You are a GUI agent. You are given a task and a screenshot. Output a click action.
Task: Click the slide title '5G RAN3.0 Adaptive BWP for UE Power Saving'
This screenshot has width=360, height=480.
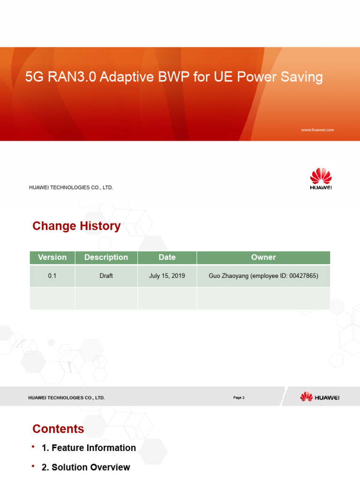point(173,76)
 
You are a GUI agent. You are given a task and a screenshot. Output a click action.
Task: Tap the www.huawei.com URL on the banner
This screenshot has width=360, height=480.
point(317,130)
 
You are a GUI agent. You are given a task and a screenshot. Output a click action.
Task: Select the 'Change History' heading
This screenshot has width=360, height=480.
point(76,226)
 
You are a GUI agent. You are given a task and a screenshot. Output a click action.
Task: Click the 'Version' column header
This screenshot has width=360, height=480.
point(52,257)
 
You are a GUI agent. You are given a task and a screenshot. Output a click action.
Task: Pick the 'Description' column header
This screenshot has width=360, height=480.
point(106,257)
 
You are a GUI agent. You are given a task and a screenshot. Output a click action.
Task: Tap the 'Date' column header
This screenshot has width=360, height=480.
point(167,257)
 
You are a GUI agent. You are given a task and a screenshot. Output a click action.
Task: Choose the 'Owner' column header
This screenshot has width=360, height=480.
point(263,257)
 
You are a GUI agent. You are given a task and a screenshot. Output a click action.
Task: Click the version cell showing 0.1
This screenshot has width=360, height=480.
point(52,276)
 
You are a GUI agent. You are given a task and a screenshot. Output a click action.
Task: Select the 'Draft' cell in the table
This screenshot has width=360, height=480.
point(106,276)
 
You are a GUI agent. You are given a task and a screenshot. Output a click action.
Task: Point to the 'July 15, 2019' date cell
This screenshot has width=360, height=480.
point(167,276)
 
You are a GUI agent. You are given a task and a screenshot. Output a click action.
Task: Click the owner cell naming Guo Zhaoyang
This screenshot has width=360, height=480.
point(263,276)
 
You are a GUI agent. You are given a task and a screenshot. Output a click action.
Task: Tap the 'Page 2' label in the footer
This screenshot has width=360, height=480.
point(239,397)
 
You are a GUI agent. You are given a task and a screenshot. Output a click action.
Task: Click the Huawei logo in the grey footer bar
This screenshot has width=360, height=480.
point(320,397)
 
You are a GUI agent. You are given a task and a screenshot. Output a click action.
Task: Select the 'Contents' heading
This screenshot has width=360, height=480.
point(58,429)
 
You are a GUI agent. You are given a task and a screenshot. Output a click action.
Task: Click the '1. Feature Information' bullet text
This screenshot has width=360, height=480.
point(89,448)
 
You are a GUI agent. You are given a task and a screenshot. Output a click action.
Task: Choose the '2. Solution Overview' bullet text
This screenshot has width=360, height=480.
point(86,467)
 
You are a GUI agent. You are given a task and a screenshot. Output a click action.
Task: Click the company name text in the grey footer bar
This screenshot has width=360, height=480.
point(67,398)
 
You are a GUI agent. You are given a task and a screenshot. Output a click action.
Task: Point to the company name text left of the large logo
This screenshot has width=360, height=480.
point(71,187)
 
